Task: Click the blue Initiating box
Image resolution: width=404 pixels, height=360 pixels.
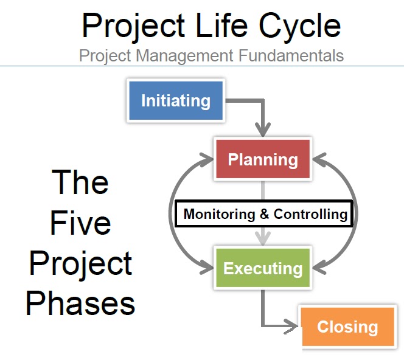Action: (x=176, y=100)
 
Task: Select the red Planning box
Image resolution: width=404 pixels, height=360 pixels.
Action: (x=263, y=160)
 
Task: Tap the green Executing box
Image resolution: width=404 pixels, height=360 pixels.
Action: (x=263, y=268)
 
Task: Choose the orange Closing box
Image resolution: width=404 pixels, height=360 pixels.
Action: (x=347, y=327)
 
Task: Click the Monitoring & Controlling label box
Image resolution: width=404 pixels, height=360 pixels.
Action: (x=265, y=214)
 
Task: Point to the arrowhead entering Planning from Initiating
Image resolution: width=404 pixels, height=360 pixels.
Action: (x=263, y=130)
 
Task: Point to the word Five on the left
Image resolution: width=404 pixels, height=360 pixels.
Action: (x=80, y=223)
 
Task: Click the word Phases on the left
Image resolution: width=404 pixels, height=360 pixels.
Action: (x=80, y=302)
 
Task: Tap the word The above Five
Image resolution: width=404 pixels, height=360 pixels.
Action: (x=80, y=182)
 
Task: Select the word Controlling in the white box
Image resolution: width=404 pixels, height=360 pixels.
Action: (x=310, y=214)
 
